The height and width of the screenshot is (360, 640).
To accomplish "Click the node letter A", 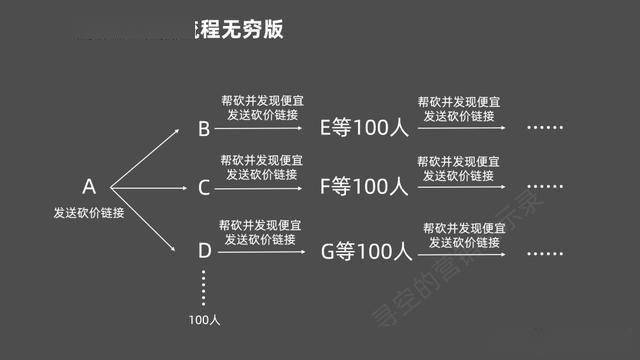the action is point(89,187).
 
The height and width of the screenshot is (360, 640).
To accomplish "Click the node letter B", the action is point(204,129).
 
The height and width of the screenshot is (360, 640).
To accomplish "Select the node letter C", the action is point(204,187).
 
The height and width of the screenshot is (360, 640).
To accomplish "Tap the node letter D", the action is point(204,251).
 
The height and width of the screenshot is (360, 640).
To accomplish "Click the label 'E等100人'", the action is point(364,128).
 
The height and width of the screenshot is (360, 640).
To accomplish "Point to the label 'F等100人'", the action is point(364,186).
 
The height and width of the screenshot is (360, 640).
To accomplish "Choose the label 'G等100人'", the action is point(366,251).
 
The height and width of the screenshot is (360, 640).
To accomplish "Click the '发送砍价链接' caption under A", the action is point(89,213).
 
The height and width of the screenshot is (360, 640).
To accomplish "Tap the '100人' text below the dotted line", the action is point(204,320).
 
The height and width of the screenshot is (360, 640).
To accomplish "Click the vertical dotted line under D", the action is point(203,287).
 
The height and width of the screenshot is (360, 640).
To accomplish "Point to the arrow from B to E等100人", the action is point(260,128).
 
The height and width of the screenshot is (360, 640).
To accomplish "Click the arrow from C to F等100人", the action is point(260,186).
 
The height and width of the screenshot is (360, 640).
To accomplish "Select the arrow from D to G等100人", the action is point(260,251).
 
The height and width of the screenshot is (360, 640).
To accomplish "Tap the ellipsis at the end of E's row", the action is point(546,128).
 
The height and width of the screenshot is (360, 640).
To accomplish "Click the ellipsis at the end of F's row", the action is point(546,186).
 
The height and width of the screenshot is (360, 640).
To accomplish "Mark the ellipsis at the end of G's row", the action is point(546,251).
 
